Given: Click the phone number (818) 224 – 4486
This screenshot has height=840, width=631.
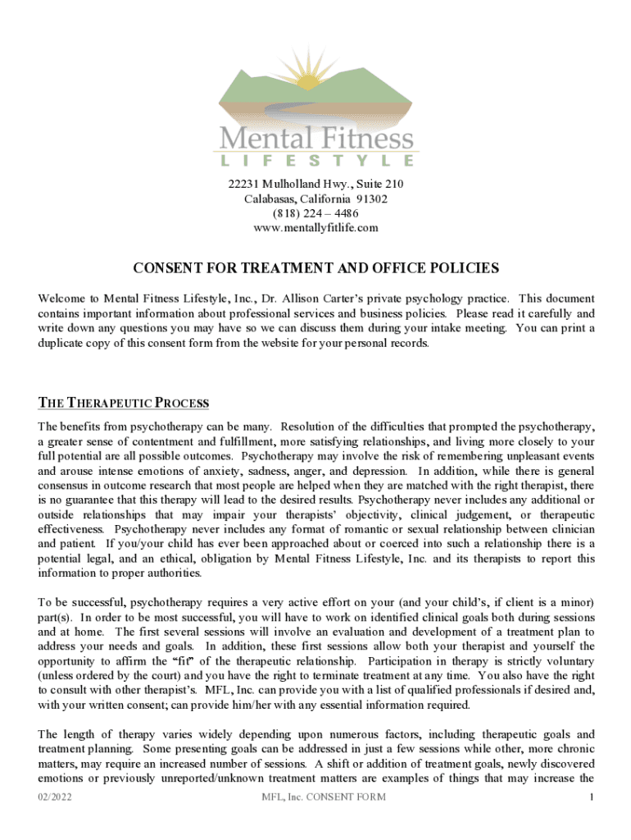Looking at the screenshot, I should point(315,213).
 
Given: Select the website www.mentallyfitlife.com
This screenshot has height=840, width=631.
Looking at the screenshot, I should point(315,227).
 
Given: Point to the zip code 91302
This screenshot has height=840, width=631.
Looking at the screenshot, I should point(371,199).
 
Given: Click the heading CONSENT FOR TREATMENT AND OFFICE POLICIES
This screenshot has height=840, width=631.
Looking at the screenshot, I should point(315,268).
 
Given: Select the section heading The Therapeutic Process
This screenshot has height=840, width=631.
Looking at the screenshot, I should point(124,404).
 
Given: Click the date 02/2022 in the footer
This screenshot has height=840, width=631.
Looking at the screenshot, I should point(55,797).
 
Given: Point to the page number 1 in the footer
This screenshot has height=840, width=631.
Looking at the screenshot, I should point(590,797).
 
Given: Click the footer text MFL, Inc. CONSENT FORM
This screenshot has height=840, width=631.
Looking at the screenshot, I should point(323,797).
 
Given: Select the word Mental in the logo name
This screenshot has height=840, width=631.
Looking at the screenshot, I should point(261,135).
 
